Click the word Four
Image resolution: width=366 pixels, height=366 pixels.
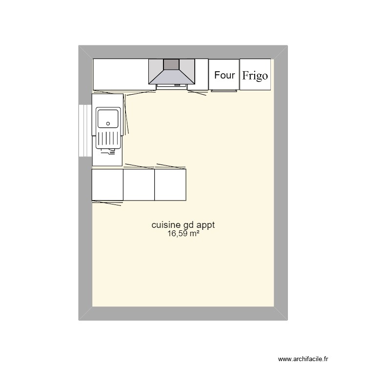[x=224, y=75]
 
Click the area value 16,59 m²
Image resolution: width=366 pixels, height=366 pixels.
[x=183, y=234]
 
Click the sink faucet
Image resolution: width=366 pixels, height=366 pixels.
[x=111, y=152]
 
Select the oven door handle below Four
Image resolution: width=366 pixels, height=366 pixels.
[x=224, y=90]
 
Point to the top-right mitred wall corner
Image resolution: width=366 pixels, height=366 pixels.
[x=281, y=52]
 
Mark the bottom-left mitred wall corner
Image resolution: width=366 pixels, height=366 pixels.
[x=85, y=313]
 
